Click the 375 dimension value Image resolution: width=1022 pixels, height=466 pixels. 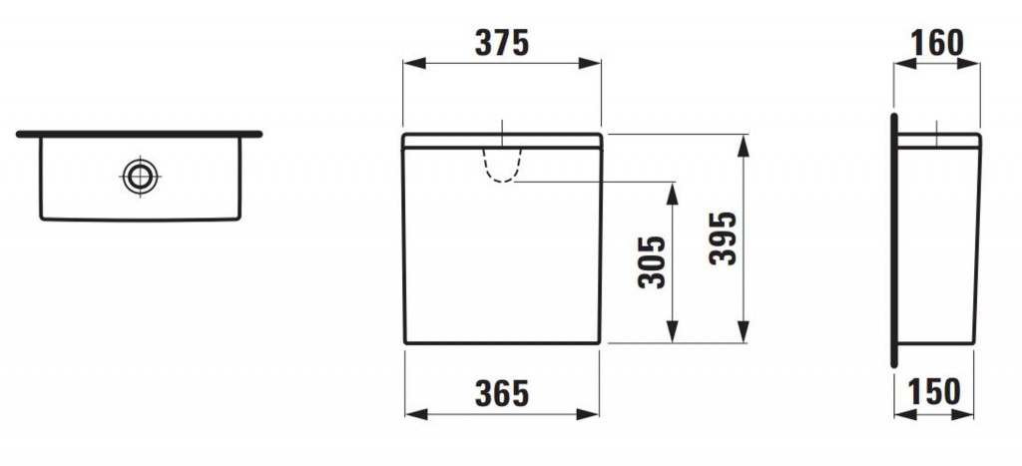point(500,43)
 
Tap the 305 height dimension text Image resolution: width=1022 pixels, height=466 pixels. point(652,262)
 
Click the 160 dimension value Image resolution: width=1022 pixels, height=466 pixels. point(937,43)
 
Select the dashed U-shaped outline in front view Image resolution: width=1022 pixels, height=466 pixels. point(502,166)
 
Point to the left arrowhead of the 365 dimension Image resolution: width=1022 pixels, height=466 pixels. point(410,414)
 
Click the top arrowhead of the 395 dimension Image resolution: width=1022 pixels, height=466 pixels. point(744,141)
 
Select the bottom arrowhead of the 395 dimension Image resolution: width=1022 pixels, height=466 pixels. point(744,336)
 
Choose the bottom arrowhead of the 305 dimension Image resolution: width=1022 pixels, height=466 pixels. point(674,336)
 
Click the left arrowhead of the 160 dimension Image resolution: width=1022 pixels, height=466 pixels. point(899,63)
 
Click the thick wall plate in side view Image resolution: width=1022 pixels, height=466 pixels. point(895,239)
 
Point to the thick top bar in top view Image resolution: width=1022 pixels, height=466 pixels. point(139,133)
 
